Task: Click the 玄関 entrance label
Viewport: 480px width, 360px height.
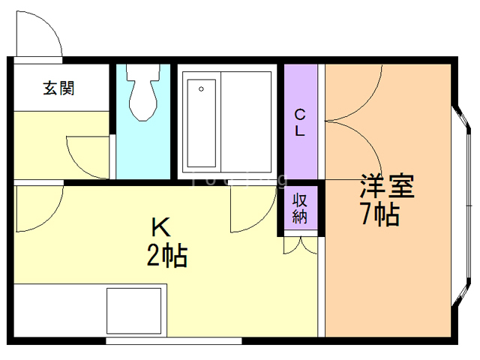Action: [58, 88]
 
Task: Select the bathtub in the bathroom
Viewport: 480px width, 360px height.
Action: [202, 124]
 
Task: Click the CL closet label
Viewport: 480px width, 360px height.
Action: [299, 123]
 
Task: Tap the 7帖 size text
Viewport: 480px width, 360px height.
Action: [379, 215]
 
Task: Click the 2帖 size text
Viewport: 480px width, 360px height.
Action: [166, 257]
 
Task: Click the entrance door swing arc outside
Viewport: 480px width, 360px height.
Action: [37, 34]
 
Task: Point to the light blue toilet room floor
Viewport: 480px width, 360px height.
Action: [142, 150]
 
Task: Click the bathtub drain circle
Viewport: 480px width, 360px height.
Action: [201, 89]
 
